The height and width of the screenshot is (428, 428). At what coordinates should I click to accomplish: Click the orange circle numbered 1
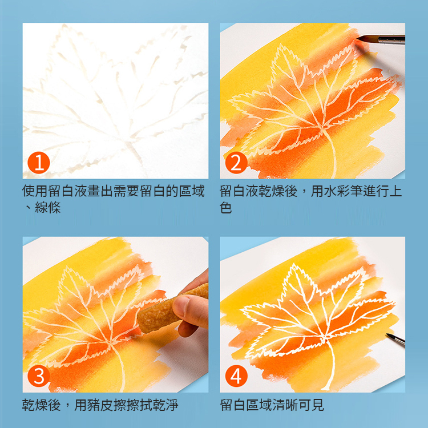point(39,163)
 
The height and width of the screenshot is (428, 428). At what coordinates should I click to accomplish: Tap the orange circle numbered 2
point(236,163)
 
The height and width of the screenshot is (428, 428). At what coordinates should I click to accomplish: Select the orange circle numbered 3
point(39,376)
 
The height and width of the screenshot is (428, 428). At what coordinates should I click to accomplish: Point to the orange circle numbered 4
point(236,376)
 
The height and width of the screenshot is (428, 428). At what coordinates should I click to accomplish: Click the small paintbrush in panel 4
point(395,340)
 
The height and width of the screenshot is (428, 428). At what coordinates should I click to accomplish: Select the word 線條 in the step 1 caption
point(48,207)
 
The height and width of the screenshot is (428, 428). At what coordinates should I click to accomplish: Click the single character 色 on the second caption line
point(226,207)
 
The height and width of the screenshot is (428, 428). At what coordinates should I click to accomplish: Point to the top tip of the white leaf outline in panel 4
point(294,264)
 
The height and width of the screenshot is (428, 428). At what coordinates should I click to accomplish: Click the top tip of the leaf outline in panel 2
point(280,44)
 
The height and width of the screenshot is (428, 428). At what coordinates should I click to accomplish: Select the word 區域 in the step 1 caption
point(192,191)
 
